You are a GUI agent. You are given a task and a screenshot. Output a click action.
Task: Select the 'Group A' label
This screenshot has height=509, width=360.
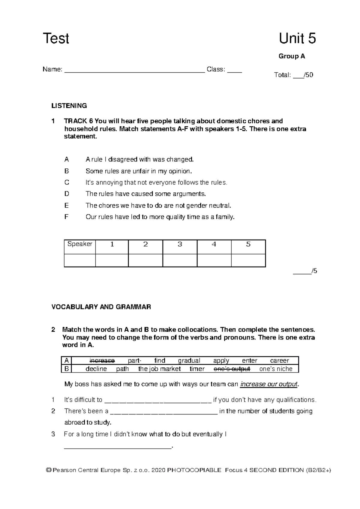coord(292,56)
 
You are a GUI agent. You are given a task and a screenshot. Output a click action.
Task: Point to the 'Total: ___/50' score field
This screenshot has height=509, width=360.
coord(293,75)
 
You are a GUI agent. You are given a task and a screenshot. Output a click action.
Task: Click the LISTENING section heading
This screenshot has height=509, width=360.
coord(69,106)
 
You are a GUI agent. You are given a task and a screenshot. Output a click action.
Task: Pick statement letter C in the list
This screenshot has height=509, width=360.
coord(67,182)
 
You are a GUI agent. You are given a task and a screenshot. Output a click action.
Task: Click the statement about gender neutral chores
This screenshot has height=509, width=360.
coord(158,206)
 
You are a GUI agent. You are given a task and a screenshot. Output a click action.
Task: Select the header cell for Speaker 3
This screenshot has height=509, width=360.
coord(180,245)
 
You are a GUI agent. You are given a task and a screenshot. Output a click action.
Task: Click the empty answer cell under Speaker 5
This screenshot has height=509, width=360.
coord(248,261)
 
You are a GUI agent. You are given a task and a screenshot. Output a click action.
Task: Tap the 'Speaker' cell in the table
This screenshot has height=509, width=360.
coord(80,244)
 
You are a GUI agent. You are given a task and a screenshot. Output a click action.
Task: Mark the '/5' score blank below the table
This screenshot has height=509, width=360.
coord(305,271)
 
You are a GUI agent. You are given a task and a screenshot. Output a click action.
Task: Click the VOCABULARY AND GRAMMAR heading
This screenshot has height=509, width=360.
coord(101,307)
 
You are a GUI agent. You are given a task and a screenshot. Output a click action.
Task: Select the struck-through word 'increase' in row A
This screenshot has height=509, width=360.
coord(102,360)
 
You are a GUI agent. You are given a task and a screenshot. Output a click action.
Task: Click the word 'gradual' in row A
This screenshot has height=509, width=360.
coord(189,360)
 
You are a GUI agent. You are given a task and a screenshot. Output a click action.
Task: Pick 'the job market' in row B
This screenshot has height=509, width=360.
coord(159,369)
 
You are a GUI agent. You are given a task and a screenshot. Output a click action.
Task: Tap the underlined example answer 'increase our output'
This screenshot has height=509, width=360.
coord(269,384)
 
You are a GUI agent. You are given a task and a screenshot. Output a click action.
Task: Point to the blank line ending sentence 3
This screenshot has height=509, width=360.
coord(118,447)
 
